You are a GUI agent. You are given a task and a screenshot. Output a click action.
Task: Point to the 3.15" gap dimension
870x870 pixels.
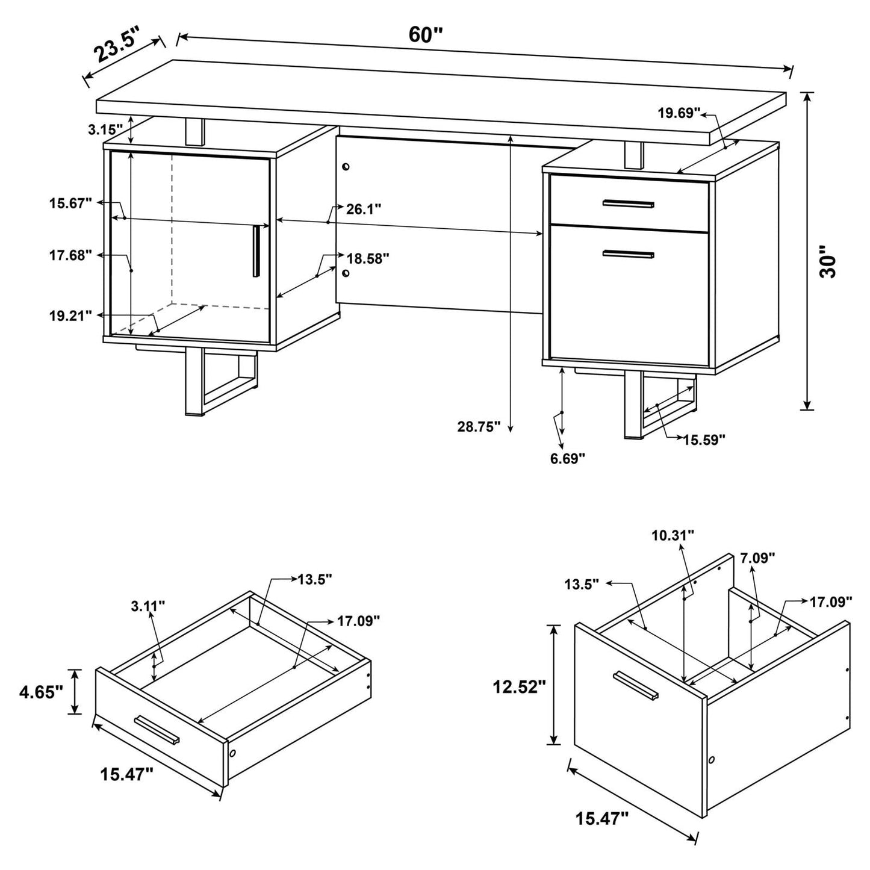[x=105, y=129]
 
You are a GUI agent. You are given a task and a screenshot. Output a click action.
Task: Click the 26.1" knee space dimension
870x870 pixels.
[x=363, y=209]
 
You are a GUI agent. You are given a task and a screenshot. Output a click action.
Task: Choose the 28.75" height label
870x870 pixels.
[x=479, y=427]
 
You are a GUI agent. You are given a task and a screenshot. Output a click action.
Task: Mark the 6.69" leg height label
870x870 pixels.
[x=567, y=459]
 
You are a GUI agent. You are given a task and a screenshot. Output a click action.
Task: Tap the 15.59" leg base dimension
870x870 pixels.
[x=704, y=439]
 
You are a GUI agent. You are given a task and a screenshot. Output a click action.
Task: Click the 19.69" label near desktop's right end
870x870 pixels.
[x=679, y=113]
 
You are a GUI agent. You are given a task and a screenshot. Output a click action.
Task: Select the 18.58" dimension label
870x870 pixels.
[x=368, y=258]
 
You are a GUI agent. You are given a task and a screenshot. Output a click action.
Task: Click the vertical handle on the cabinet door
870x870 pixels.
[x=256, y=251]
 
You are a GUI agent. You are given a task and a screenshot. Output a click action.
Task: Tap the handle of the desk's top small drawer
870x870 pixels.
[x=628, y=204]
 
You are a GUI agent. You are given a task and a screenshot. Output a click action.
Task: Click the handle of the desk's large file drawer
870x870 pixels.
[x=628, y=254]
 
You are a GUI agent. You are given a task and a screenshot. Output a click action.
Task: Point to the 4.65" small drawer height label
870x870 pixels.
[x=41, y=692]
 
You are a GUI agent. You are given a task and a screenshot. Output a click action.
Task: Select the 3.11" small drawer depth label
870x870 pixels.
[x=148, y=606]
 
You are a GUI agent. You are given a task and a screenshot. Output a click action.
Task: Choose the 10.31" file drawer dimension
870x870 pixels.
[x=673, y=534]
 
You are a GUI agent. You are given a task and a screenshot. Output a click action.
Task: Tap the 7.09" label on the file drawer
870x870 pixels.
[x=757, y=558]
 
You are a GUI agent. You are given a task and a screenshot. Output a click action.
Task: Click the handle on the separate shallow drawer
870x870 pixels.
[x=157, y=730]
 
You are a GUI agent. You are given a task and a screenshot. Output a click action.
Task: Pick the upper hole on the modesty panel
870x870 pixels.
[x=346, y=166]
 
